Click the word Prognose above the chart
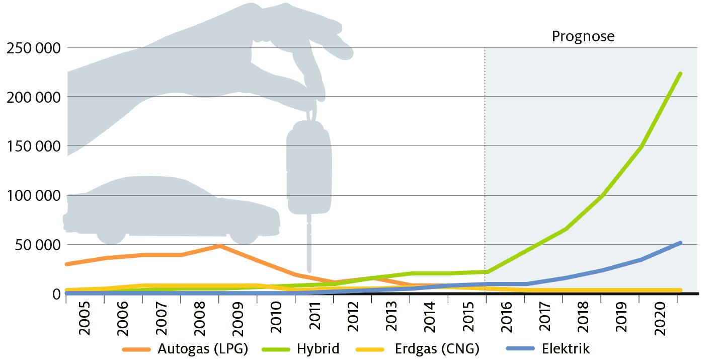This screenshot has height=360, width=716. [583, 37]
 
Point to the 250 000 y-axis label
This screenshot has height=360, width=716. [32, 48]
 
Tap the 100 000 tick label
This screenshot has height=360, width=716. [32, 195]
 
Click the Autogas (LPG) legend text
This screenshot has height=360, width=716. [203, 348]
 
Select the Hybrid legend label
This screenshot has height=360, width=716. [318, 348]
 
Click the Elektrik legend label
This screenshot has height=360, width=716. [566, 348]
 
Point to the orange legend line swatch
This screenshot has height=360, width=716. [136, 349]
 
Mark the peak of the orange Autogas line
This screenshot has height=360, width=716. [220, 246]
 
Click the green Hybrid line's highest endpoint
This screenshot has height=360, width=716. [680, 74]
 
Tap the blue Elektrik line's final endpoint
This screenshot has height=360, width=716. [680, 243]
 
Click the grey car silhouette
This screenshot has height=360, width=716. [171, 209]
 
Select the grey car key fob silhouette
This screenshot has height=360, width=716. [309, 171]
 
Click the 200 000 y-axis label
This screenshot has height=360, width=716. [32, 97]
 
